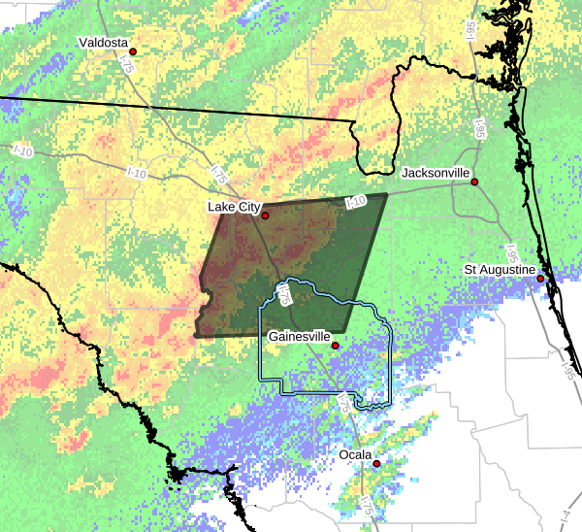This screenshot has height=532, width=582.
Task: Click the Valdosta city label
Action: coord(103,42)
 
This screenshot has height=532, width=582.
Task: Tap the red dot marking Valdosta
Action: coord(133,51)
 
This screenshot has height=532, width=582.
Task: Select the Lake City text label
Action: coord(234,207)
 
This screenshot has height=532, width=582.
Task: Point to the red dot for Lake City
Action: coord(265,216)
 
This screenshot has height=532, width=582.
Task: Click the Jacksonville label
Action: coord(436,172)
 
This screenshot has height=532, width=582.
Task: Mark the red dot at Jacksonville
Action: coord(475,182)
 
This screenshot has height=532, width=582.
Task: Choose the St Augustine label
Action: coord(500,268)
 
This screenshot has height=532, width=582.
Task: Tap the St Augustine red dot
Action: coord(540,279)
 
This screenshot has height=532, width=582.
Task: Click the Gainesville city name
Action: coord(298,335)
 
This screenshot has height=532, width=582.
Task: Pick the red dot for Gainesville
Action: coord(336,346)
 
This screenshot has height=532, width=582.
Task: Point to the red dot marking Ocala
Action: coord(376,463)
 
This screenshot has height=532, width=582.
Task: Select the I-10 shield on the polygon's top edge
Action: coord(355,202)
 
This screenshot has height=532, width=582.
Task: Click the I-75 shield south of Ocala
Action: coord(366,504)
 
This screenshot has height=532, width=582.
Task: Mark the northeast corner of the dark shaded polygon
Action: coord(387,194)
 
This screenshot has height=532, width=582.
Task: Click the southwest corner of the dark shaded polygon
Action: coord(195,336)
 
